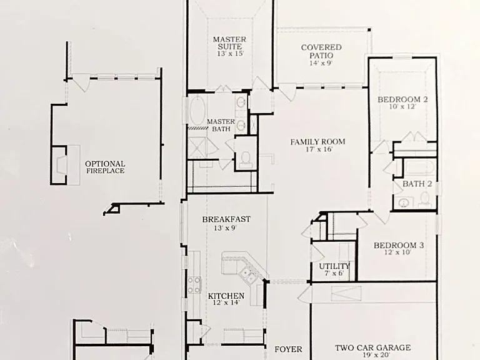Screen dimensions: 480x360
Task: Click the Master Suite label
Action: click(229, 43)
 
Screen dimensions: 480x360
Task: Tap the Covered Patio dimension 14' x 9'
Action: click(321, 63)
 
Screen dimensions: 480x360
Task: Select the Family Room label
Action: click(317, 142)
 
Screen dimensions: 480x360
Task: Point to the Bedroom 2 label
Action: click(402, 99)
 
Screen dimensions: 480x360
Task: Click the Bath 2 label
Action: click(417, 184)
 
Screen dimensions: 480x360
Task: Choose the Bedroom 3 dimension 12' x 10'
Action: click(397, 252)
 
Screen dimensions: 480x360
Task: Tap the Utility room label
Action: click(334, 266)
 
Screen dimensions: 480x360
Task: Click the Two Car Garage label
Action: click(373, 347)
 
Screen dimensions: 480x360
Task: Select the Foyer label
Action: click(288, 349)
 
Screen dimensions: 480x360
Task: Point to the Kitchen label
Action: click(226, 296)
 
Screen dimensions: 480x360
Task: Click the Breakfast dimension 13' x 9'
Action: click(226, 227)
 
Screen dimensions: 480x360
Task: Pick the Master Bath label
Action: click(221, 125)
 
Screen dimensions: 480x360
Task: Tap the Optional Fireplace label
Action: click(105, 167)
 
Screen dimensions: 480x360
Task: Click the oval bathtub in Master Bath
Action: click(197, 110)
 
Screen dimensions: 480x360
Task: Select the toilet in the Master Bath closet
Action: click(245, 159)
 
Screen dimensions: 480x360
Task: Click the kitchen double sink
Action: click(248, 275)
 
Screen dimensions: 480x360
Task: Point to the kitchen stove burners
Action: click(194, 285)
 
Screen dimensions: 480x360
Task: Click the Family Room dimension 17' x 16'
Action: click(319, 149)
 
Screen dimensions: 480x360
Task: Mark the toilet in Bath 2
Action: click(425, 198)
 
